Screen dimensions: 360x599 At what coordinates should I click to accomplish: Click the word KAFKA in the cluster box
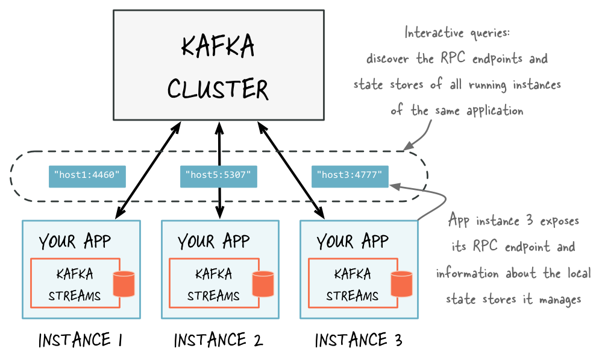[x=218, y=48]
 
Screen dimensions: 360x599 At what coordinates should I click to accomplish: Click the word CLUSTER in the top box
[x=218, y=90]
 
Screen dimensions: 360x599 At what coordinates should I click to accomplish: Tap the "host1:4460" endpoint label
[x=87, y=176]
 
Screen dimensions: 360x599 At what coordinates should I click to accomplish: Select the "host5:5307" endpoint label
[x=219, y=176]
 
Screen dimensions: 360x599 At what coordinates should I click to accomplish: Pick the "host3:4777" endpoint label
[x=350, y=176]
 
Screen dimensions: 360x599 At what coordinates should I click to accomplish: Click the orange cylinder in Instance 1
[x=124, y=284]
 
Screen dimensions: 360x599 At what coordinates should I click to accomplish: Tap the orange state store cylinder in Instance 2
[x=263, y=284]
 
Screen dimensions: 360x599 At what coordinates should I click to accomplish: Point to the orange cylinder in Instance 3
[x=402, y=284]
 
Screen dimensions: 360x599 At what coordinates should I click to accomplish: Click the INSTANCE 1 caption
[x=80, y=340]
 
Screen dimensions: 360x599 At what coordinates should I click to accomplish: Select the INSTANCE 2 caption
[x=219, y=340]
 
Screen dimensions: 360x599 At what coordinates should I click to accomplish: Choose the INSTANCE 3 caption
[x=359, y=340]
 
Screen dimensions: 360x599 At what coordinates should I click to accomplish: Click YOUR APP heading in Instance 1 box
[x=75, y=242]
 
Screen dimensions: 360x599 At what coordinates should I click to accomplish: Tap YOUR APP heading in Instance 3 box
[x=353, y=242]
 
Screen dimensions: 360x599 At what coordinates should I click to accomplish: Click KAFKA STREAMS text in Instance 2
[x=213, y=285]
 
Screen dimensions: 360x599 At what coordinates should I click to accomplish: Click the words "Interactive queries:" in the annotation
[x=457, y=33]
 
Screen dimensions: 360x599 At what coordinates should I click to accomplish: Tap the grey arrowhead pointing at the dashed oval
[x=408, y=145]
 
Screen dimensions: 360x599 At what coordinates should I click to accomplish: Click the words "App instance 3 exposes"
[x=513, y=221]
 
